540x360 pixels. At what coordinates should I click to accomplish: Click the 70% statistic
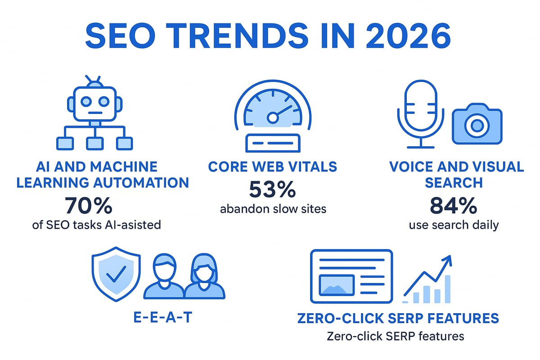[x=88, y=206]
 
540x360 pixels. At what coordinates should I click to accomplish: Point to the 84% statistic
[x=454, y=206]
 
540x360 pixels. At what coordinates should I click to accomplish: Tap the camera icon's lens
[x=477, y=126]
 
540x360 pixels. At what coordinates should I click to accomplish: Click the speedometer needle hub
[x=272, y=117]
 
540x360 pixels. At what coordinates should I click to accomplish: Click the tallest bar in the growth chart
[x=448, y=289]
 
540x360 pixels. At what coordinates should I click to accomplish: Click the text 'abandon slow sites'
[x=272, y=209]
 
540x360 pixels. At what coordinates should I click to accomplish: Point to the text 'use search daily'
[x=454, y=225]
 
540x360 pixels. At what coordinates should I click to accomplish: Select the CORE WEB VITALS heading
[x=272, y=167]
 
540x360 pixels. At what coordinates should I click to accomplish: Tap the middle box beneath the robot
[x=94, y=143]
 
